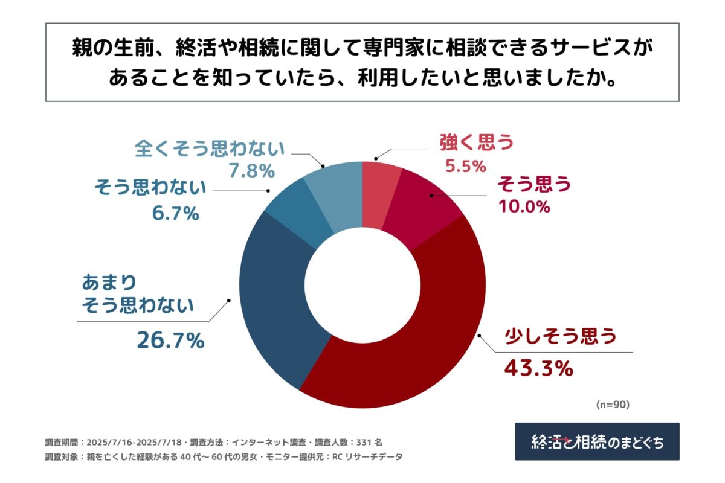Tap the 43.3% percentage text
[538, 367]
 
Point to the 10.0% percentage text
[524, 206]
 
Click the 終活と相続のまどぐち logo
[597, 441]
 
